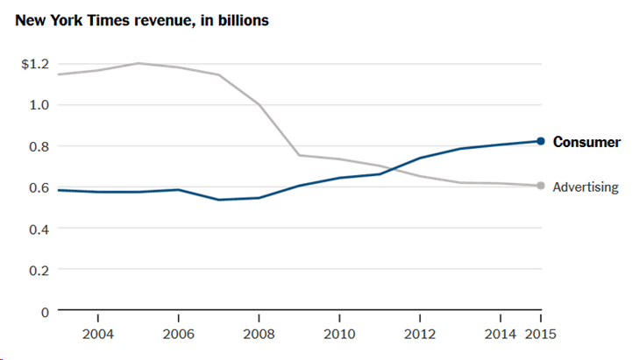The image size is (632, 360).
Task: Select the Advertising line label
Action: pyautogui.click(x=586, y=187)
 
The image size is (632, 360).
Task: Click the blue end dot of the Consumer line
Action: pyautogui.click(x=541, y=141)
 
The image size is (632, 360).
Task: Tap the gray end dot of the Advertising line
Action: pyautogui.click(x=541, y=186)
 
